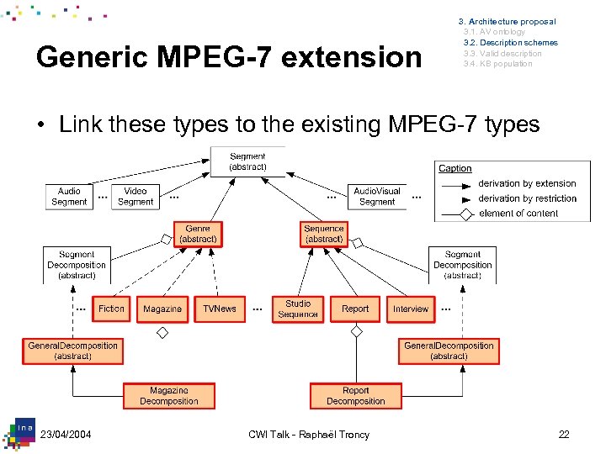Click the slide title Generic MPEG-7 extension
pos(229,57)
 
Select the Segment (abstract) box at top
pos(247,161)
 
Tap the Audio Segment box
pos(69,197)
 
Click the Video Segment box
pos(136,197)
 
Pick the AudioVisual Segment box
pos(376,197)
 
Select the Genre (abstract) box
pos(198,234)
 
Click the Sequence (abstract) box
pos(324,234)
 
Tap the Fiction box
pos(111,309)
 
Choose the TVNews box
pos(220,309)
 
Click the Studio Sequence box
pos(298,309)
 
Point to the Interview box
pos(411,309)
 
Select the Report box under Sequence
pos(355,309)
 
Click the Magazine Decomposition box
pos(169,396)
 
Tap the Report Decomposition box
pos(355,396)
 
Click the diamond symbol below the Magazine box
pos(162,333)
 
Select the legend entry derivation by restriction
pos(527,198)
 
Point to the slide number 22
pos(563,434)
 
